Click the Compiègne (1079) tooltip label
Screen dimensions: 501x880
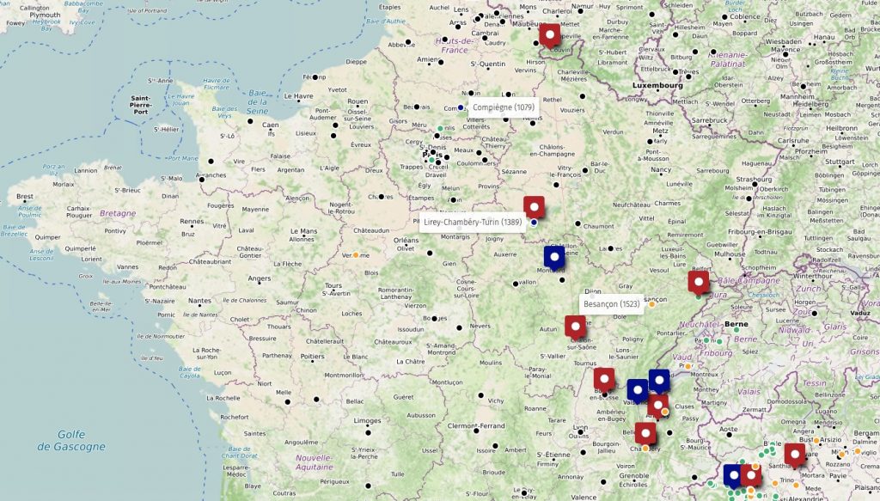click(504, 107)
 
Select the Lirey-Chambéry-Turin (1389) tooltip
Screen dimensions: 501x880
click(473, 222)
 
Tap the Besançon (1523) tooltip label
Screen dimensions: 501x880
click(611, 304)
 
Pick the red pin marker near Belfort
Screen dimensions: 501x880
click(700, 282)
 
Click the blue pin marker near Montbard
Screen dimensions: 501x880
click(554, 256)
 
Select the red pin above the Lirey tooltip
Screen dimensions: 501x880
click(535, 207)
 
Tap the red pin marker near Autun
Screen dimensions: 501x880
click(575, 327)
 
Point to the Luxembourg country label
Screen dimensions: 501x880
click(657, 86)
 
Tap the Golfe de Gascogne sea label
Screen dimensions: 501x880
click(72, 441)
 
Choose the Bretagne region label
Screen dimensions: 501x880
click(117, 213)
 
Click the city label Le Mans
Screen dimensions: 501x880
click(303, 231)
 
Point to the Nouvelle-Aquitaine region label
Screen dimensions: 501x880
click(314, 461)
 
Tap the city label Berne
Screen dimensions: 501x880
click(736, 325)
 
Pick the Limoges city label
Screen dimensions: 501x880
click(367, 421)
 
